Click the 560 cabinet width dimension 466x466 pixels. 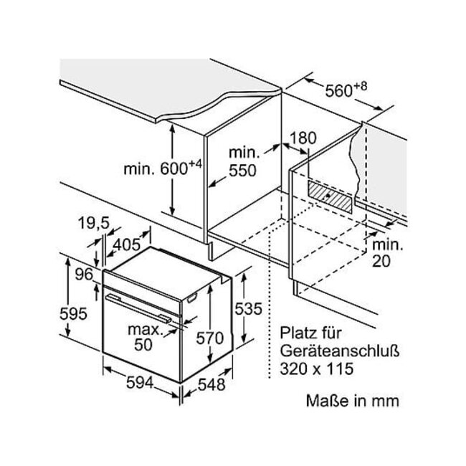346,90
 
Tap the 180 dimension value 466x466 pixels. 303,138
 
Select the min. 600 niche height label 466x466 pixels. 163,168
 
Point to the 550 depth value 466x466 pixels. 242,171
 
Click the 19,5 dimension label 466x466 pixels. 94,223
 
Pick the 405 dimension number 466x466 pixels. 127,245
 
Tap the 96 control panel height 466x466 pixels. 84,275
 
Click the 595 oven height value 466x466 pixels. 73,314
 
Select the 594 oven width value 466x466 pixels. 140,383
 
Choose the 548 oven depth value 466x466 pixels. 211,385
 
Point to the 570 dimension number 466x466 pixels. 210,338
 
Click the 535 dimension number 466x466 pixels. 249,308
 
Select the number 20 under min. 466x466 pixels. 381,262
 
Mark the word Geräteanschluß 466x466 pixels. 339,351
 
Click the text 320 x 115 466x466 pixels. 317,368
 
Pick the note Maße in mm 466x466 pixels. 353,401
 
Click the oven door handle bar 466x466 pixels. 138,308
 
